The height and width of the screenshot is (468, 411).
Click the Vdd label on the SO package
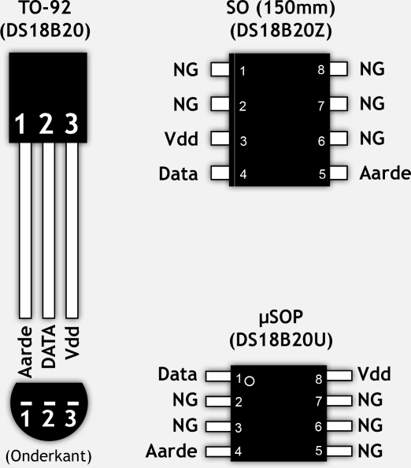[x=181, y=139]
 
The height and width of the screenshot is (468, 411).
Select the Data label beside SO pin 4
[x=179, y=173]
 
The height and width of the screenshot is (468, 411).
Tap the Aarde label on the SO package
[x=385, y=173]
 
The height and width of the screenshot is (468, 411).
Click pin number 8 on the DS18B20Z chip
[x=321, y=70]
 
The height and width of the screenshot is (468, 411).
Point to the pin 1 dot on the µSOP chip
[x=250, y=381]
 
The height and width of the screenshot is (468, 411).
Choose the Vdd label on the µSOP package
[x=374, y=374]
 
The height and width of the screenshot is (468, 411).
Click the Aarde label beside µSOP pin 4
[x=172, y=451]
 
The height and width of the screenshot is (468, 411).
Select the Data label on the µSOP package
[x=177, y=374]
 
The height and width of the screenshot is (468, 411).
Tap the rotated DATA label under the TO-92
[x=48, y=346]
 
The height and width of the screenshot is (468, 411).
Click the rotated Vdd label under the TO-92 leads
[x=72, y=343]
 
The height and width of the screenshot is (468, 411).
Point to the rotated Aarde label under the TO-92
[x=25, y=352]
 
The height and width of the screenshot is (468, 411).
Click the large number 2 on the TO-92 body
[x=46, y=123]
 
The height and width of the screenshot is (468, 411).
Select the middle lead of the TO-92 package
[x=49, y=230]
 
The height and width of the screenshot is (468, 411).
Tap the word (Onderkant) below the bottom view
[x=49, y=455]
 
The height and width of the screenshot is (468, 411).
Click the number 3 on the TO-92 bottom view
[x=71, y=418]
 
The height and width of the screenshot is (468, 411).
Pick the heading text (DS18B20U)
[x=281, y=340]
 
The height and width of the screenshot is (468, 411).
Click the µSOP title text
[x=281, y=317]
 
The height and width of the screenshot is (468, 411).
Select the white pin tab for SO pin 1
[x=220, y=69]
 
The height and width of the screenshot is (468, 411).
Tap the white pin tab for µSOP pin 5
[x=339, y=451]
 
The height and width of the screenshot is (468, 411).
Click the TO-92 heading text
[x=46, y=7]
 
